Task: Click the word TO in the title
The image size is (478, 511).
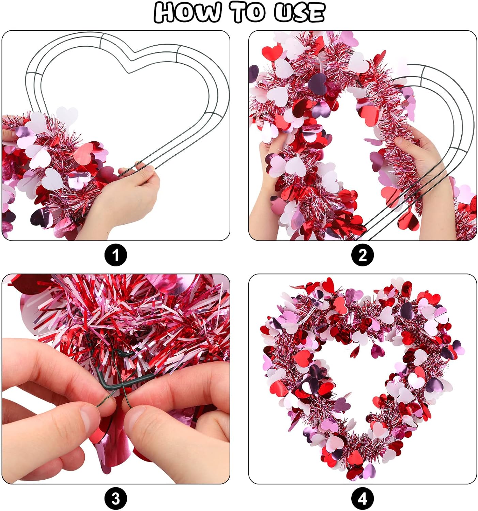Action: click(249, 12)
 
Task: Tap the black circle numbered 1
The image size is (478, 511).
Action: click(115, 255)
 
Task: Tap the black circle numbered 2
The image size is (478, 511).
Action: click(363, 255)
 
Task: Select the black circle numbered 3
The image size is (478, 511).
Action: click(115, 499)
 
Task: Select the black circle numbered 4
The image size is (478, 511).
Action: click(363, 499)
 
